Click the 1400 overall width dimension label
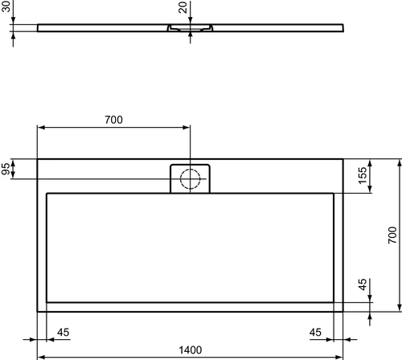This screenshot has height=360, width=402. pos(191,350)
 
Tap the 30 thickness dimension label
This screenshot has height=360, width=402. pos(6,6)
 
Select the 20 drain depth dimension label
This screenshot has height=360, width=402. pos(183,7)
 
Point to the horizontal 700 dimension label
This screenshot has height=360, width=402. pos(113,120)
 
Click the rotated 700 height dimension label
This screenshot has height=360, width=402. pos(392,235)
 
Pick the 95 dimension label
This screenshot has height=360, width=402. pos(6,169)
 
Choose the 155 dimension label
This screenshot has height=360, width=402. pos(363,175)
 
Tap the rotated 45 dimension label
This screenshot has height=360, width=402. pos(363,284)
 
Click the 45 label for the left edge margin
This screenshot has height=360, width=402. pos(63,333)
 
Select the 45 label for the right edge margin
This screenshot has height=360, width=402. pos(315,333)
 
